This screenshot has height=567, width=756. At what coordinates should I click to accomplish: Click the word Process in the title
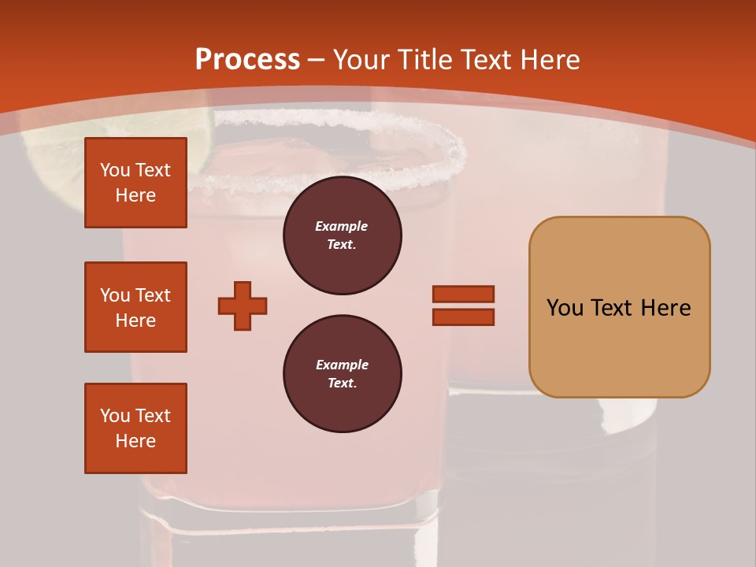point(247,60)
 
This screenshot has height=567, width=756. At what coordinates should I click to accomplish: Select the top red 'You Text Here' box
point(135,183)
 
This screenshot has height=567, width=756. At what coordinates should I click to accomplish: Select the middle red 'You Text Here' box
point(135,307)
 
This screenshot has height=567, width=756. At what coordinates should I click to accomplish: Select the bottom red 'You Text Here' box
point(135,428)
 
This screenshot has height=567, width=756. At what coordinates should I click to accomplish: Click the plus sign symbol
point(243,306)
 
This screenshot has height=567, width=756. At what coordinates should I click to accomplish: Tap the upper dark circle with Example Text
point(342,235)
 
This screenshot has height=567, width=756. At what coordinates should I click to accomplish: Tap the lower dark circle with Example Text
point(342,374)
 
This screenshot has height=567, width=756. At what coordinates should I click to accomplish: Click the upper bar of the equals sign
point(463,295)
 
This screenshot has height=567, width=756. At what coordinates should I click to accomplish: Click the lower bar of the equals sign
point(463,317)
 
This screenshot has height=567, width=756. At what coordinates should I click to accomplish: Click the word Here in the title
point(551,60)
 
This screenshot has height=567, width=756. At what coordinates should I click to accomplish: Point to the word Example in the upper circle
point(342,226)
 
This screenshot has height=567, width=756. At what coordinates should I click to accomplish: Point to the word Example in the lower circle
point(342,365)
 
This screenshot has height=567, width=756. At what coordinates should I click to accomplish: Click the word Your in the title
point(361,60)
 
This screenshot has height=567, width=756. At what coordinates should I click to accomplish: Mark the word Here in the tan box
point(665,307)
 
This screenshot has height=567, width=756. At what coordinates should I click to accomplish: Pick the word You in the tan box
point(565,307)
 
